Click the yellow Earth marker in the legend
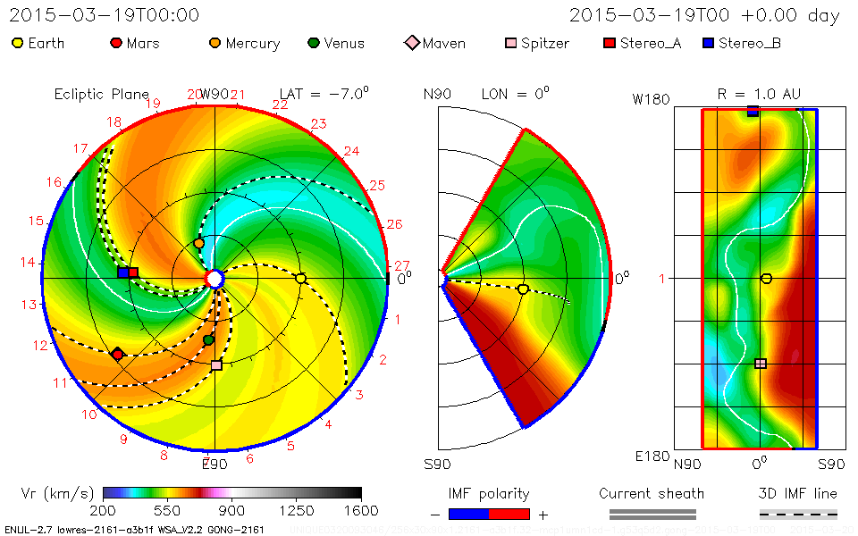(x=18, y=43)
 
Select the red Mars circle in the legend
(x=115, y=43)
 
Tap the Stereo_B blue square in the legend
(x=708, y=43)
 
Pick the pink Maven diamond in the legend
(x=412, y=43)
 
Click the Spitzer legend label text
(x=545, y=43)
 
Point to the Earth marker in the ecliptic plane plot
(x=301, y=279)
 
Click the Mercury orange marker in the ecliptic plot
(x=198, y=243)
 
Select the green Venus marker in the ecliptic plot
(x=209, y=339)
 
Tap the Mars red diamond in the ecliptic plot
(x=116, y=355)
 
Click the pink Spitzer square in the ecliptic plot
(x=216, y=365)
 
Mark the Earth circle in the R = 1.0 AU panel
(x=766, y=279)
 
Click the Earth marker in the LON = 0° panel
(x=523, y=289)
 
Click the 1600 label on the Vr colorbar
(x=361, y=511)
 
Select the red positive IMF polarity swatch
(x=509, y=514)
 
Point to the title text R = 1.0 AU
(x=759, y=94)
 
